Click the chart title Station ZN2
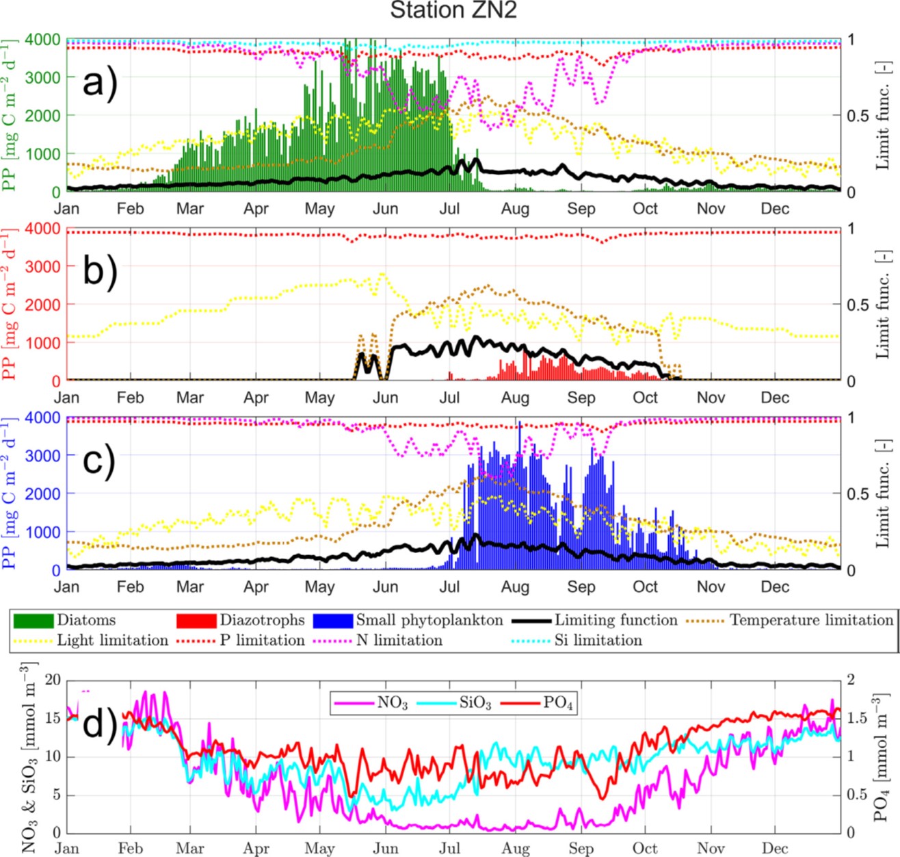pyautogui.click(x=451, y=11)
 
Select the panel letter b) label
pyautogui.click(x=100, y=270)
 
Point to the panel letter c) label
pyautogui.click(x=100, y=460)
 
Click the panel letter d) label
pyautogui.click(x=100, y=724)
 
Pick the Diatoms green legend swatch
pyautogui.click(x=33, y=620)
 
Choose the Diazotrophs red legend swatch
pyautogui.click(x=196, y=620)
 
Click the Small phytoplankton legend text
pyautogui.click(x=429, y=620)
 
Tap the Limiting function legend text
pyautogui.click(x=616, y=620)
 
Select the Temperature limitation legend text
pyautogui.click(x=811, y=620)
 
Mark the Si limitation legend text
pyautogui.click(x=598, y=641)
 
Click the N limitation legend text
pyautogui.click(x=399, y=641)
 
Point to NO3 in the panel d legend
pyautogui.click(x=393, y=704)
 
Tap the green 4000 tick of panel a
pyautogui.click(x=42, y=40)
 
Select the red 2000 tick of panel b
pyautogui.click(x=42, y=305)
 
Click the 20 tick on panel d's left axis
pyautogui.click(x=53, y=680)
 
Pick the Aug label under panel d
pyautogui.click(x=515, y=849)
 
